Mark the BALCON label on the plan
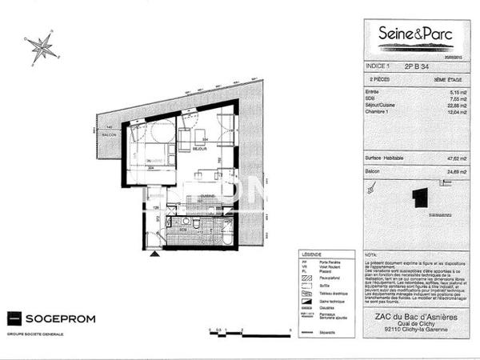108,134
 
